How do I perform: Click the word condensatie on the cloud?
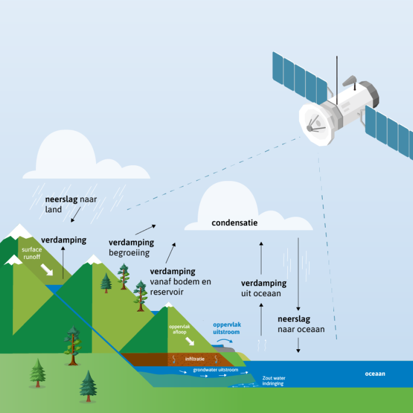tap(235, 223)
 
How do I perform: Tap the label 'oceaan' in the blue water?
tap(375, 374)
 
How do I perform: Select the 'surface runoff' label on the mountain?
tap(32, 254)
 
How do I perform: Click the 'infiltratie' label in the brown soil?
tap(195, 359)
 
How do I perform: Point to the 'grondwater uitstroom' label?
tap(215, 370)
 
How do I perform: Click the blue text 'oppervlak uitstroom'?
tap(227, 329)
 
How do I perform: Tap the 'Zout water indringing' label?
tap(273, 380)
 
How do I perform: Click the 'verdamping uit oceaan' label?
tap(261, 288)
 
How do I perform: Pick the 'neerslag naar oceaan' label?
tap(301, 324)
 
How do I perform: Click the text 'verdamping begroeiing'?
tap(131, 248)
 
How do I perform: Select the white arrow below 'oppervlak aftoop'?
tap(191, 343)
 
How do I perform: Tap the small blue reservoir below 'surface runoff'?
tap(56, 289)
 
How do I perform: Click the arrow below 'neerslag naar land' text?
tap(74, 217)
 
